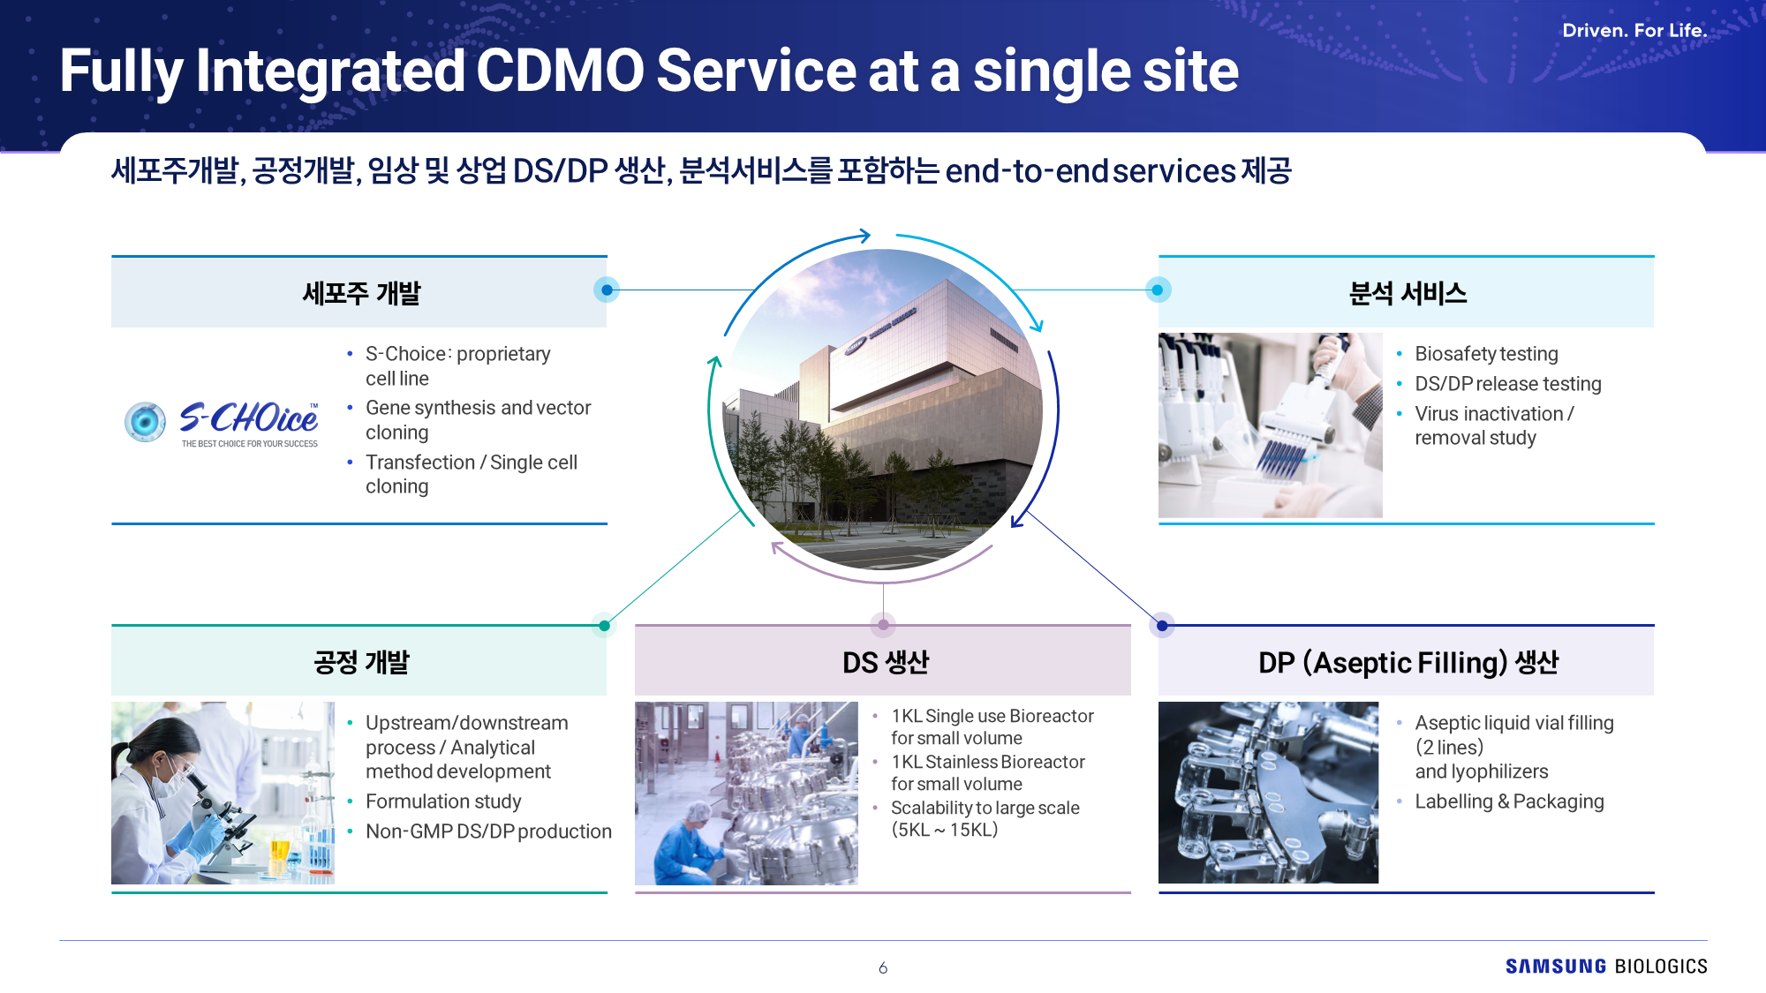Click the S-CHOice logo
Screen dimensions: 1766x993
[222, 423]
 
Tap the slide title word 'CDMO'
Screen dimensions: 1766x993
[560, 71]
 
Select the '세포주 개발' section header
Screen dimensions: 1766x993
[361, 293]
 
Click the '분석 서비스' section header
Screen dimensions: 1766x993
[1408, 293]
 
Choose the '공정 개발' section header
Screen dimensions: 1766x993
[361, 662]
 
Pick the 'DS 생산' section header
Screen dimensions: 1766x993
[886, 662]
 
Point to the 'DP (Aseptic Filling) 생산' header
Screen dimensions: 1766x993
[1408, 662]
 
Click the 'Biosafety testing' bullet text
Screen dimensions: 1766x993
[1486, 354]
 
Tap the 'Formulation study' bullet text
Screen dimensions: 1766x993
[443, 801]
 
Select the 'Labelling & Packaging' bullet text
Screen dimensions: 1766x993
[1509, 801]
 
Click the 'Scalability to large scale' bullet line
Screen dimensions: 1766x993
[985, 808]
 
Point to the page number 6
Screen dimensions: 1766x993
[883, 968]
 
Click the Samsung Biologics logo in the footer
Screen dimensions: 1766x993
[1606, 967]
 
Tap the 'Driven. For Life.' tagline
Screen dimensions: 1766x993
[1634, 30]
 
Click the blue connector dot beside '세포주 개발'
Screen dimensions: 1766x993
[607, 290]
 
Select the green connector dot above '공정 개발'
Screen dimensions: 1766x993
[604, 626]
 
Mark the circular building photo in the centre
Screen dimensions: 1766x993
[883, 409]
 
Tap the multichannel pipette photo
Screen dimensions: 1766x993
[1270, 425]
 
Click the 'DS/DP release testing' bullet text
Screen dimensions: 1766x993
[1507, 384]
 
